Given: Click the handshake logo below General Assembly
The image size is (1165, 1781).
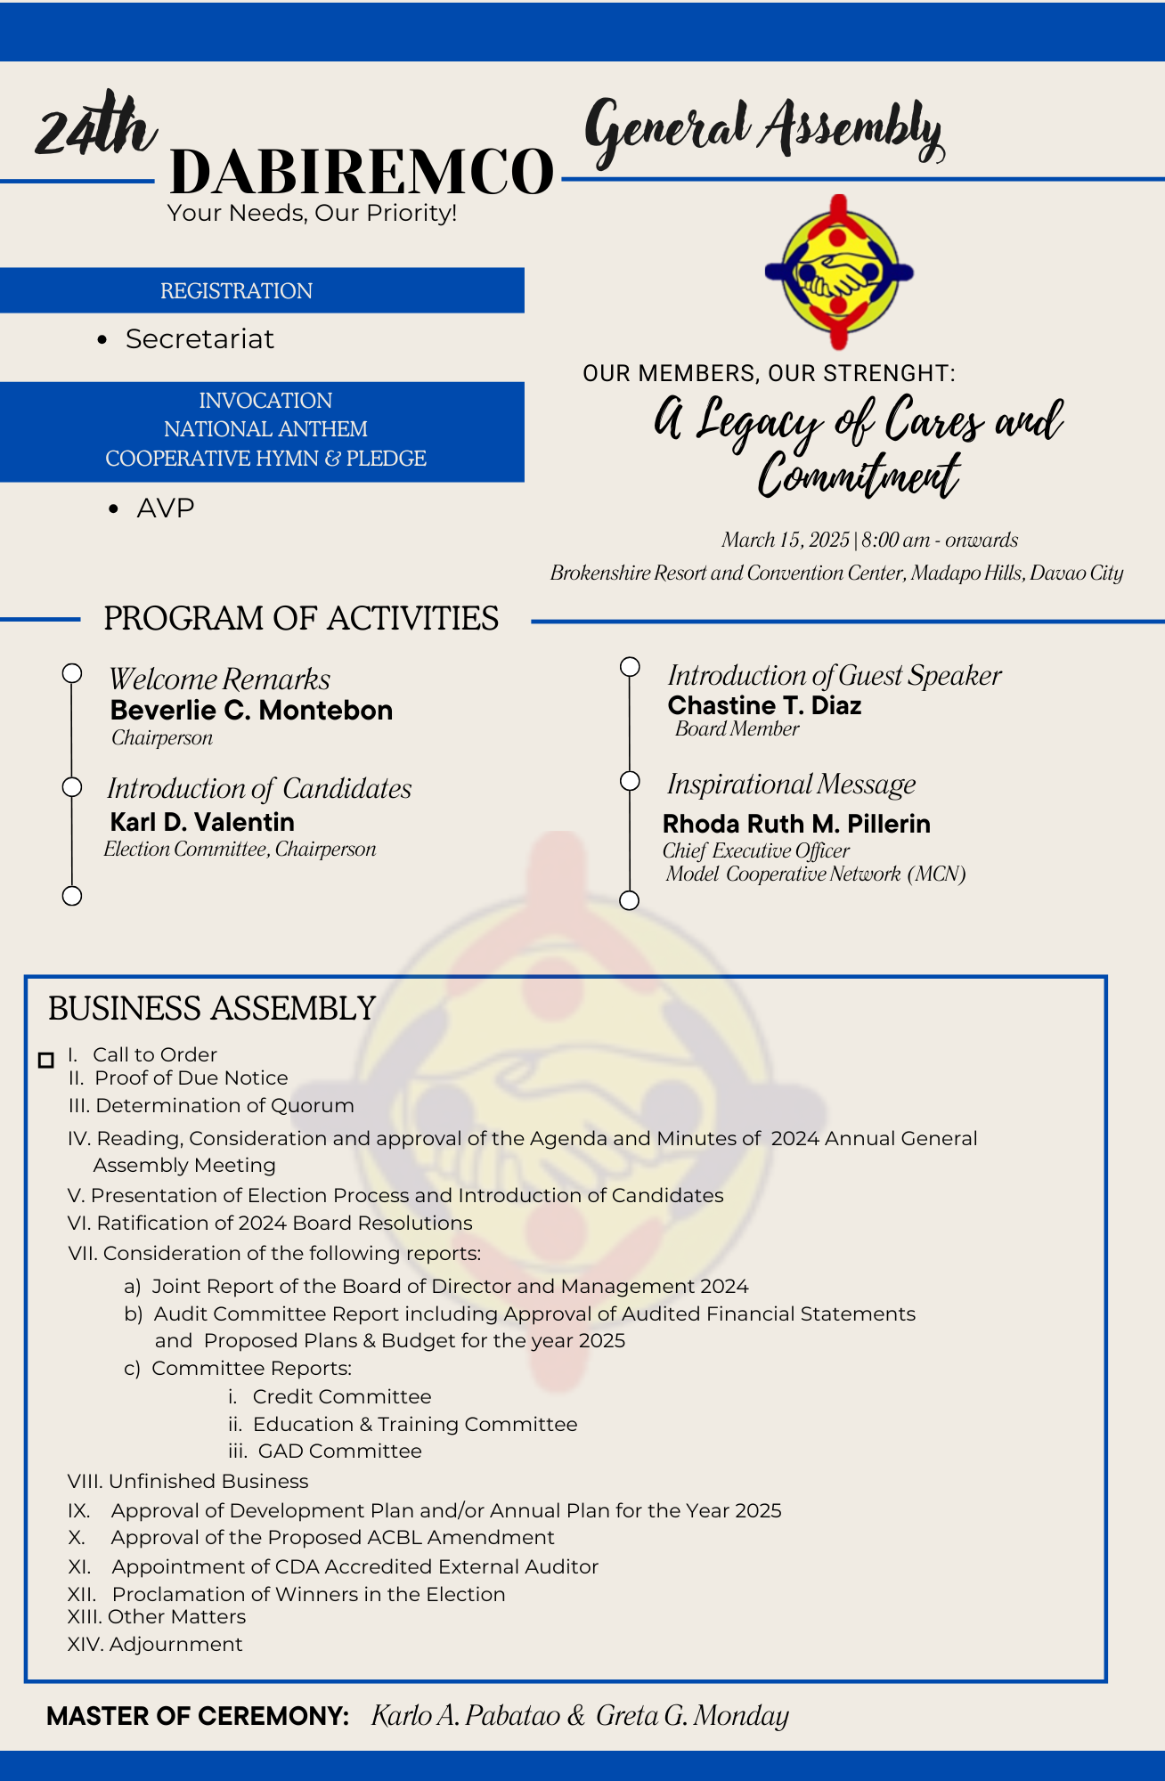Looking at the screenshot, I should pyautogui.click(x=839, y=272).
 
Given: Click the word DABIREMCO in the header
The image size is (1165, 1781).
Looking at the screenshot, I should pyautogui.click(x=362, y=172).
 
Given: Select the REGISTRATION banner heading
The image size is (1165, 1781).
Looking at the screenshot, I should pyautogui.click(x=236, y=291).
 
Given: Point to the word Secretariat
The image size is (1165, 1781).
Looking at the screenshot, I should pyautogui.click(x=200, y=339).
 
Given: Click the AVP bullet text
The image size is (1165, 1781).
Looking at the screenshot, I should pyautogui.click(x=166, y=508).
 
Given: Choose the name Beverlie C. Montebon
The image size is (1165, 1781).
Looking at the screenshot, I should pyautogui.click(x=251, y=711).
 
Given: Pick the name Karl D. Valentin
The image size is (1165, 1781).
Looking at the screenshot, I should pyautogui.click(x=202, y=822).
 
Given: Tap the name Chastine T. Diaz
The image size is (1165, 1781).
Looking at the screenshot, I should pyautogui.click(x=764, y=706).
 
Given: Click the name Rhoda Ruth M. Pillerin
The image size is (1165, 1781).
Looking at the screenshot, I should pyautogui.click(x=796, y=825).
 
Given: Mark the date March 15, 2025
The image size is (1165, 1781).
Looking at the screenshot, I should pyautogui.click(x=785, y=541).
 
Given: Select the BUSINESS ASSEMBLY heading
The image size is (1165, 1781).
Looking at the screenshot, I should pyautogui.click(x=212, y=1009).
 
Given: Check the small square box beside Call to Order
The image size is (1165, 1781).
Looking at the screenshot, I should pyautogui.click(x=46, y=1060).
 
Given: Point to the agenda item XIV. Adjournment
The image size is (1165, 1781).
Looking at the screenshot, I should pyautogui.click(x=155, y=1645).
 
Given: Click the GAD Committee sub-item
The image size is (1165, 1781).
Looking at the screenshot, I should pyautogui.click(x=339, y=1452).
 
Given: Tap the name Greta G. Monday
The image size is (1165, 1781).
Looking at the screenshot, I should pyautogui.click(x=692, y=1716).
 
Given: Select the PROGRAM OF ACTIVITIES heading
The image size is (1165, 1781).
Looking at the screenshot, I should pyautogui.click(x=301, y=619).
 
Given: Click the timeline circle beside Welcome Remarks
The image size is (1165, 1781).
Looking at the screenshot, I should pyautogui.click(x=72, y=673).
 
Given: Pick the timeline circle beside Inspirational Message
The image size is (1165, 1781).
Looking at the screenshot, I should pyautogui.click(x=630, y=781).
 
